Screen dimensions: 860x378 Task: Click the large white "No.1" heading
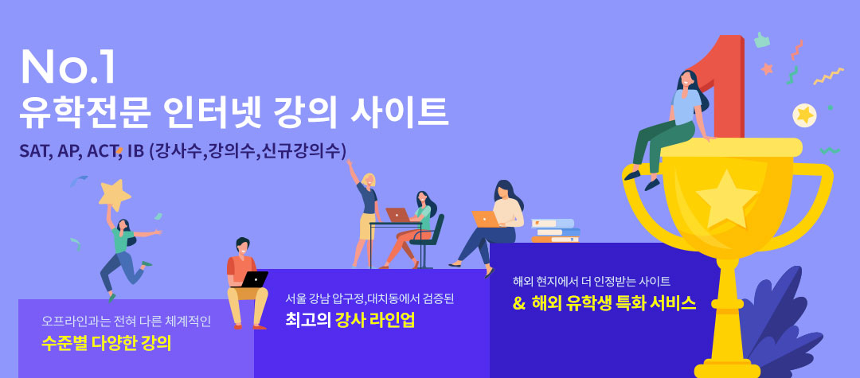tap(68, 68)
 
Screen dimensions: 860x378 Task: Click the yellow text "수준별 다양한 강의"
tap(107, 343)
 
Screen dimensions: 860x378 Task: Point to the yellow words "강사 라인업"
tap(375, 320)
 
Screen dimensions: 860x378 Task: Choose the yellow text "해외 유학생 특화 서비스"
tap(614, 303)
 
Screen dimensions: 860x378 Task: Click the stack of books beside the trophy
tap(556, 231)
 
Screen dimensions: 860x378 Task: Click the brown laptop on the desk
tap(397, 215)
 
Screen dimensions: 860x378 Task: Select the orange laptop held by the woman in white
tap(486, 219)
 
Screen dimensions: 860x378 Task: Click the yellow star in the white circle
tap(804, 115)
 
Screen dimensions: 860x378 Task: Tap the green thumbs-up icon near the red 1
tap(762, 40)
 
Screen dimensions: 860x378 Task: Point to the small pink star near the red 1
tap(767, 68)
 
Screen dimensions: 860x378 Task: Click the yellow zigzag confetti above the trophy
tap(828, 76)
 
